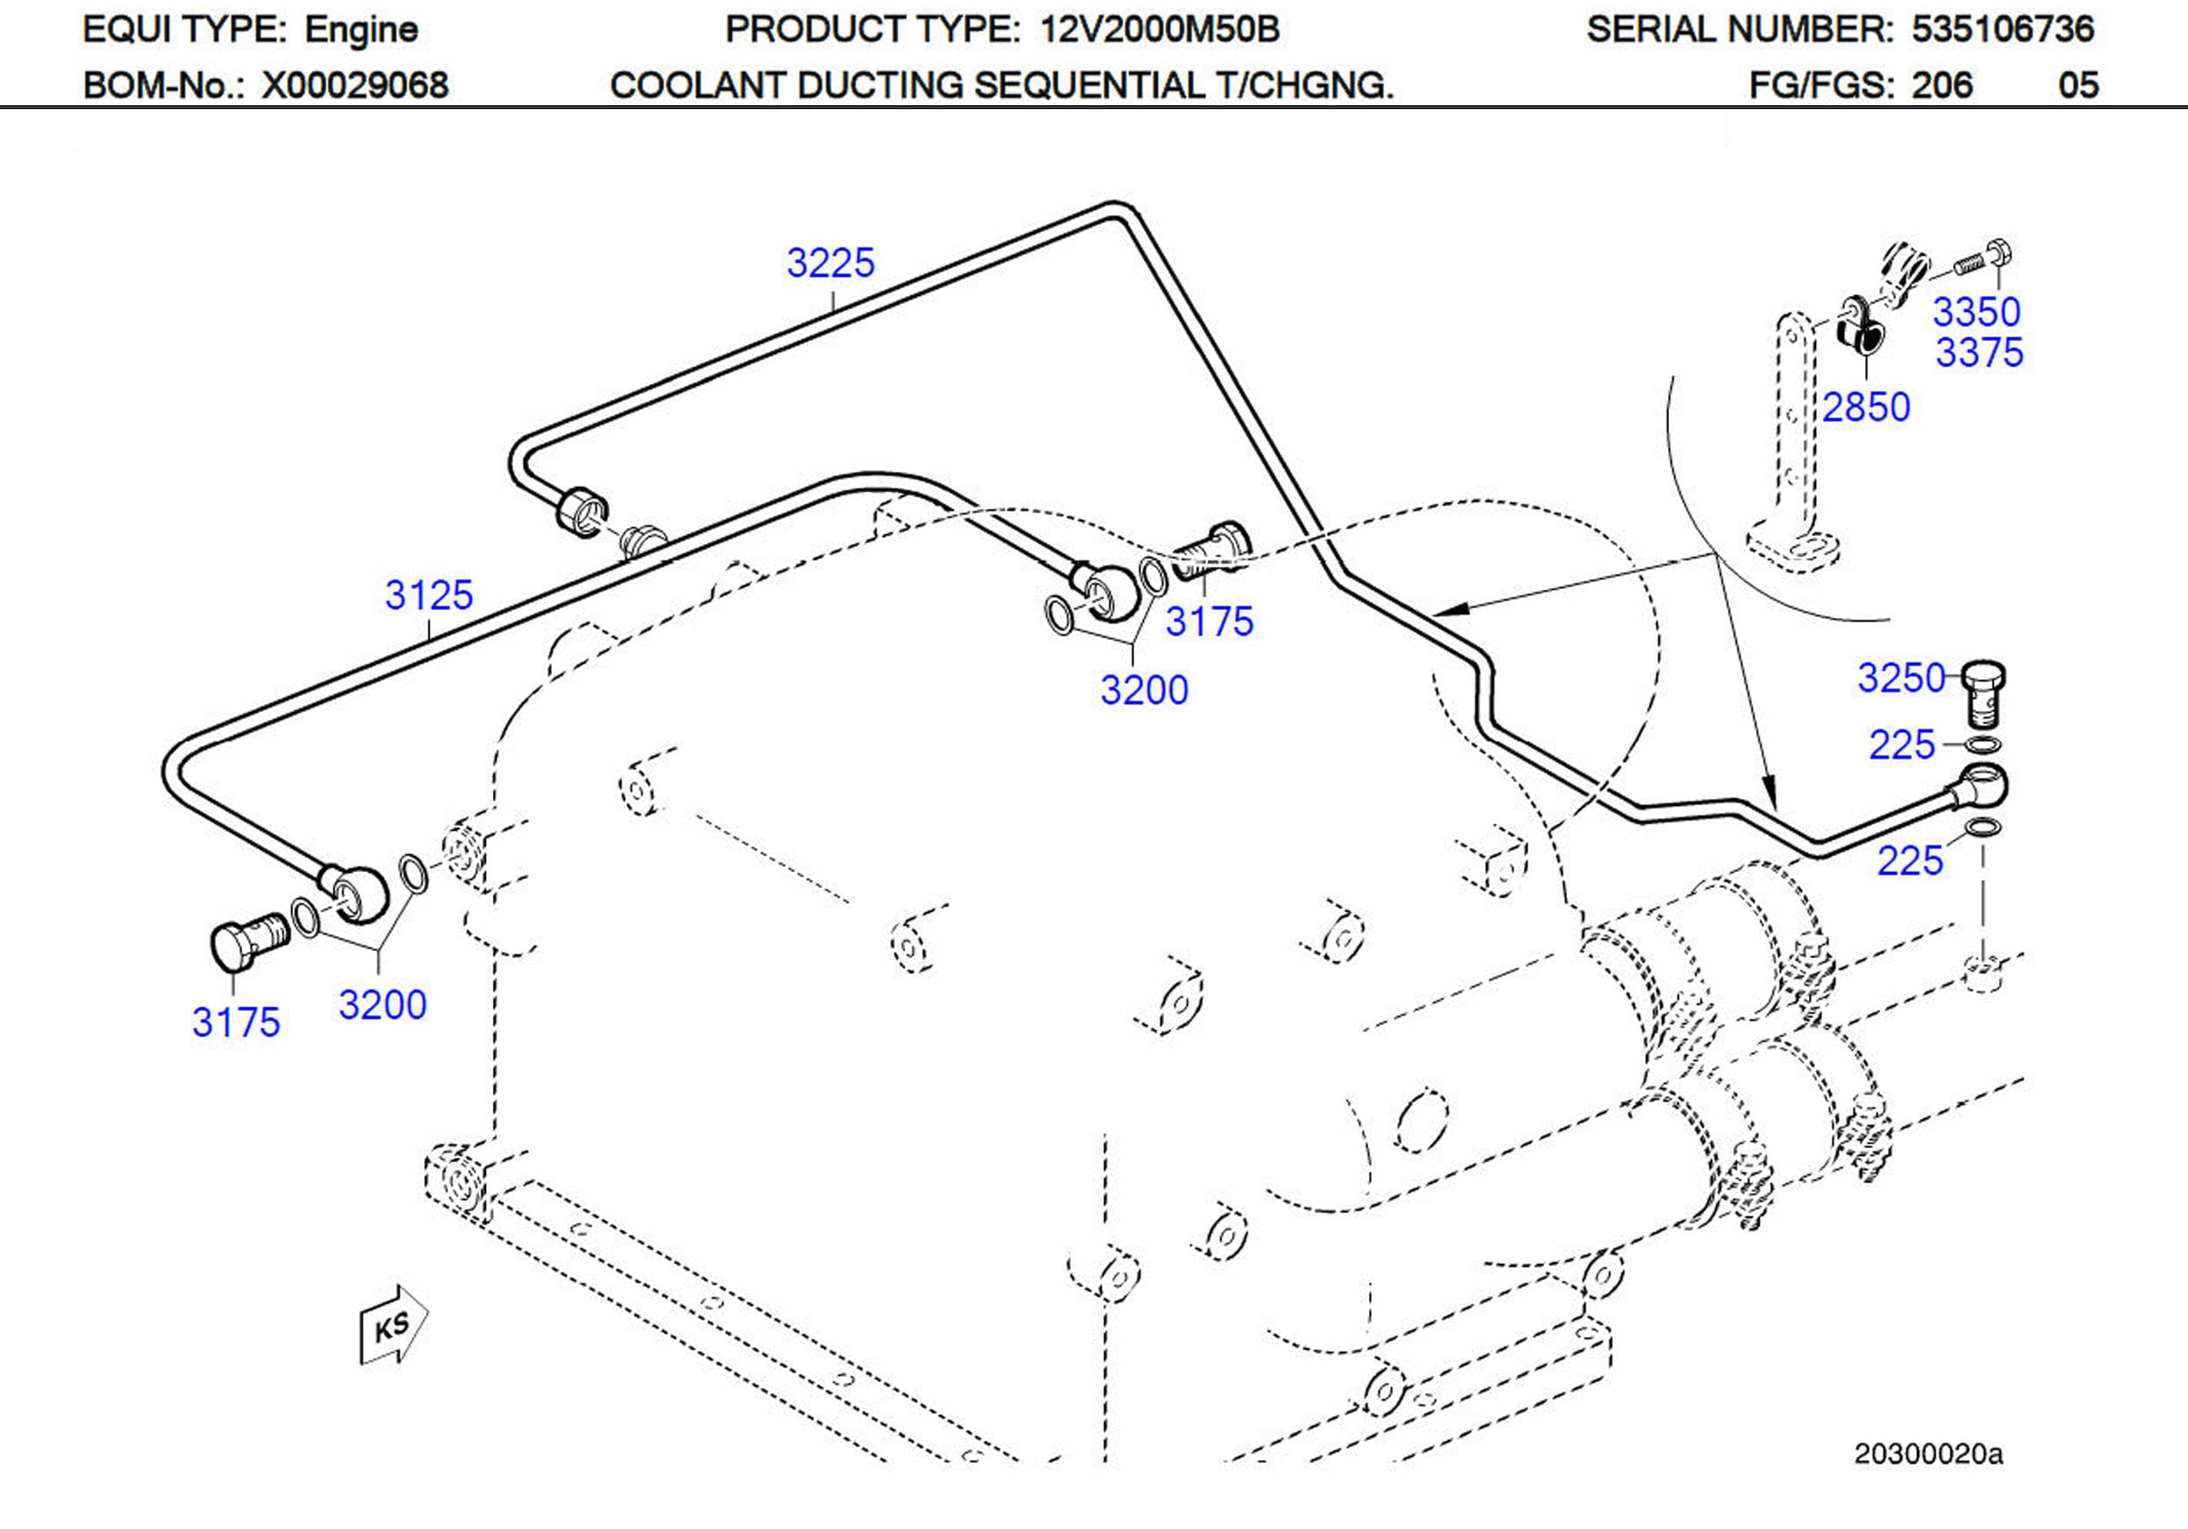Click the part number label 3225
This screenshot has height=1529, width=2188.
tap(830, 263)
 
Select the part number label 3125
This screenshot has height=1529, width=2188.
tap(429, 595)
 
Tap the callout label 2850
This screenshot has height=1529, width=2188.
tap(1866, 408)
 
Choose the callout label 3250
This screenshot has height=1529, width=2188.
tap(1901, 678)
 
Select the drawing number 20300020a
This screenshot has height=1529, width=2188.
tap(1928, 1454)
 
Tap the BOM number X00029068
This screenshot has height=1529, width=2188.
tap(354, 86)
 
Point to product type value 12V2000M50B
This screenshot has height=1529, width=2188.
tap(1159, 29)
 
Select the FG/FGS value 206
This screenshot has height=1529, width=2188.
tap(1941, 86)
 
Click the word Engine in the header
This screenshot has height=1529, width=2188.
tap(361, 29)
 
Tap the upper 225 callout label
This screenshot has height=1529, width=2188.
tap(1901, 746)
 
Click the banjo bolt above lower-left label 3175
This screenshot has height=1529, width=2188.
tap(246, 940)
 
